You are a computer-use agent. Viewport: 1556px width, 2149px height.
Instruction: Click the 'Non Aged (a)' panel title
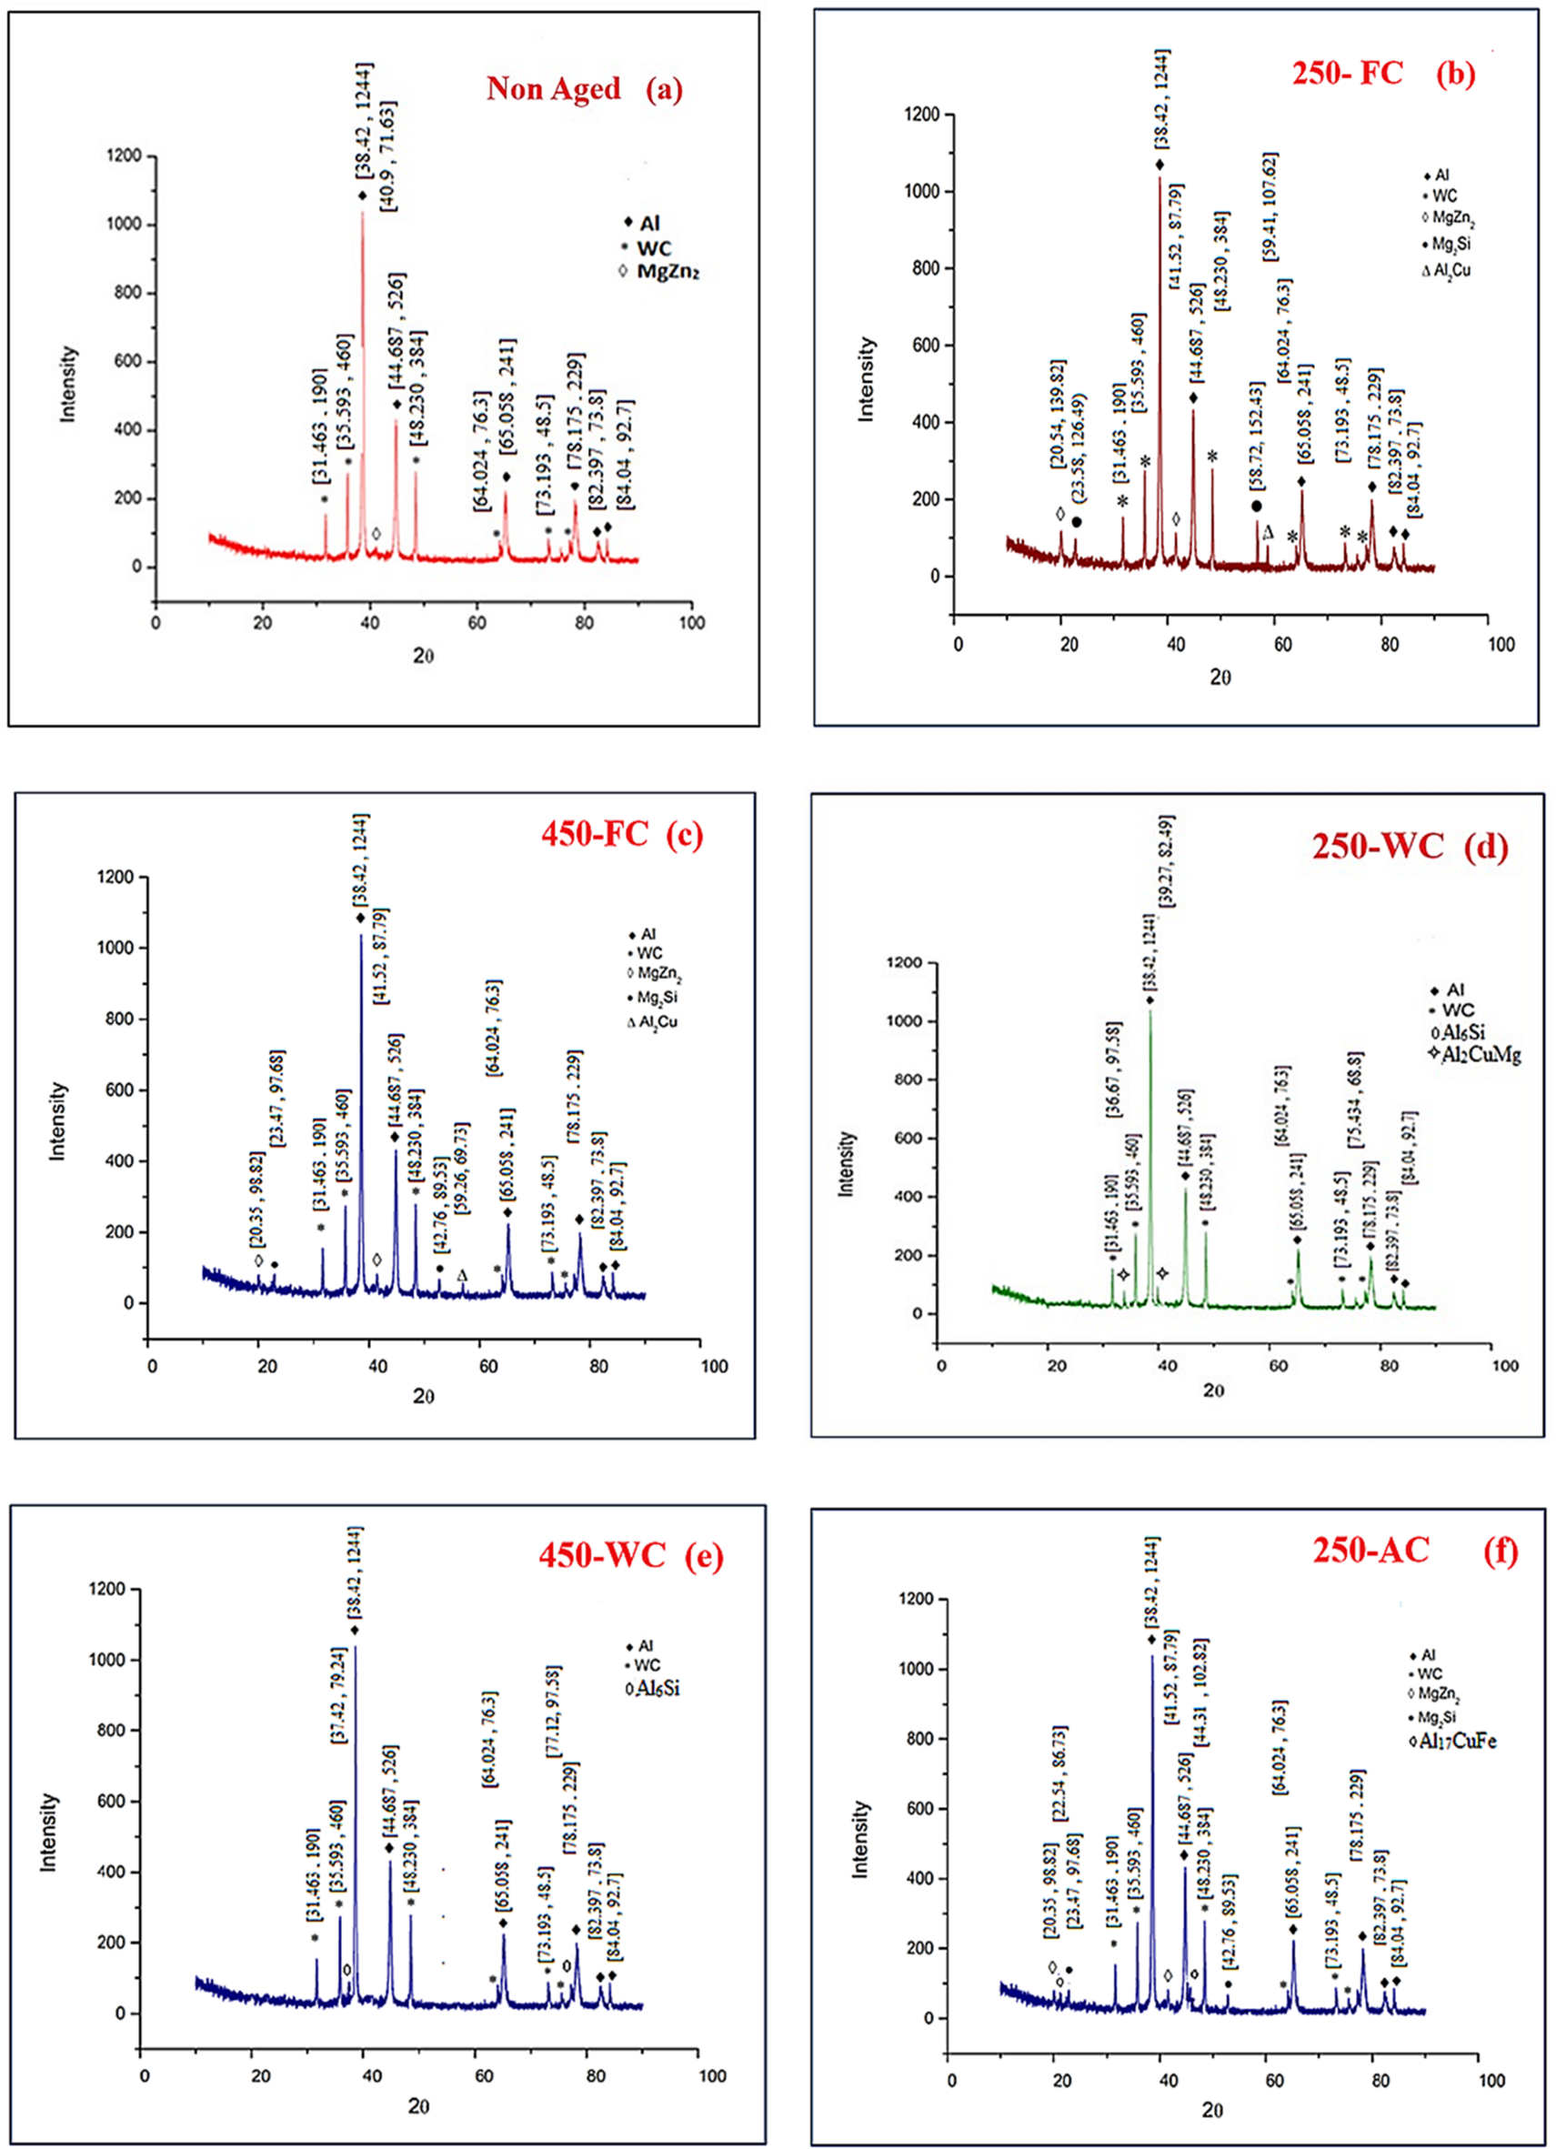pyautogui.click(x=584, y=89)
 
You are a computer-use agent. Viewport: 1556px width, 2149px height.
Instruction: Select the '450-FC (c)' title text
pyautogui.click(x=621, y=833)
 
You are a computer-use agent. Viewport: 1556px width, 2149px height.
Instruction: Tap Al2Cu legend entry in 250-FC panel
pyautogui.click(x=1446, y=270)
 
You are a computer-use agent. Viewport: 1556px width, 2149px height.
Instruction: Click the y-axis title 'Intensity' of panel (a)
pyautogui.click(x=68, y=384)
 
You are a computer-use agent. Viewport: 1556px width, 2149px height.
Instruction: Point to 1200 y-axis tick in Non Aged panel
pyautogui.click(x=123, y=156)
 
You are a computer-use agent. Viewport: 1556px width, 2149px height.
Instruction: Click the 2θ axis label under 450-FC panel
pyautogui.click(x=424, y=1396)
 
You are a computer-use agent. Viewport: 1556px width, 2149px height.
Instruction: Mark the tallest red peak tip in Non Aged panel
pyautogui.click(x=362, y=213)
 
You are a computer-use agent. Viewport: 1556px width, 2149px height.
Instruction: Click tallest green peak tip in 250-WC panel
pyautogui.click(x=1150, y=1012)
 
